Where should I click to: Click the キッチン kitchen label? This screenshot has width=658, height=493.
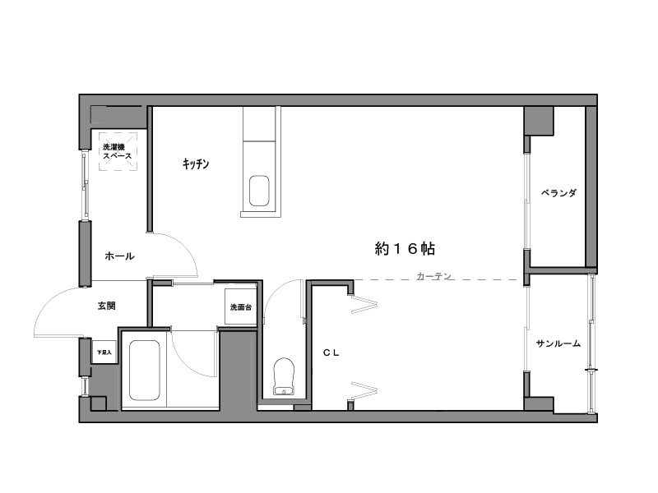196,164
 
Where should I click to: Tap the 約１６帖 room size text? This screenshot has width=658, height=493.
405,249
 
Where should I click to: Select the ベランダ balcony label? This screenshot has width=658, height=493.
558,193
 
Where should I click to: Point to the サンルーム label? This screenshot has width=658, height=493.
558,343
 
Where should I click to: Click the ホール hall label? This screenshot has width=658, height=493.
119,256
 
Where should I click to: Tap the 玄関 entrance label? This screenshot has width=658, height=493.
107,306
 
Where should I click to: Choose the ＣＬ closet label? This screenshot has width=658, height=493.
331,353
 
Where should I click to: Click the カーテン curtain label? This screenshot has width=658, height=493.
434,276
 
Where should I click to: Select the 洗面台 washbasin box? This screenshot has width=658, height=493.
240,306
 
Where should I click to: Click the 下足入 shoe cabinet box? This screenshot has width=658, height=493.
104,352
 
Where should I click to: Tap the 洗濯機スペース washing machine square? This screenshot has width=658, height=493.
118,151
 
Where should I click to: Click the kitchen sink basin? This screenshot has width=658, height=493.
259,191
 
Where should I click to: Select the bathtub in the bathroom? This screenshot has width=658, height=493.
145,370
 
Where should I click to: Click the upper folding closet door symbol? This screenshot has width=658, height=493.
364,304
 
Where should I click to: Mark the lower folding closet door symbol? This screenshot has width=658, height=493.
364,390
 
